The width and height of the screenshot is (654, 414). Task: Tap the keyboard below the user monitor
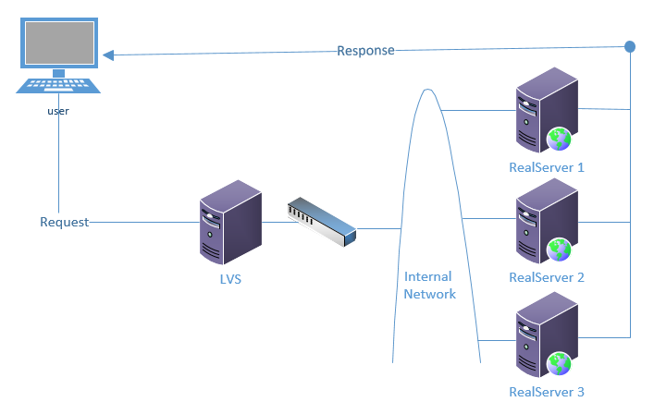click(x=58, y=86)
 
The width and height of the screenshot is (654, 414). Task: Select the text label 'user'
click(x=58, y=111)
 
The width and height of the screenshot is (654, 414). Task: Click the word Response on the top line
click(x=365, y=50)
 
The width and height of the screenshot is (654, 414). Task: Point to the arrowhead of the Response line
click(x=108, y=55)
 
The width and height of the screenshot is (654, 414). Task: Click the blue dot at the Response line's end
click(x=630, y=46)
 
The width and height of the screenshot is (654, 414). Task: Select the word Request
click(x=65, y=222)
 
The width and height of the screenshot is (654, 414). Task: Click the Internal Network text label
click(x=429, y=286)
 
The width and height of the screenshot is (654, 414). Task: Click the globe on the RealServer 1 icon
click(x=559, y=139)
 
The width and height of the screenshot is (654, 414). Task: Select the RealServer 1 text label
click(x=547, y=168)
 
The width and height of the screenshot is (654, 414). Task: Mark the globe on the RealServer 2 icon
click(x=559, y=250)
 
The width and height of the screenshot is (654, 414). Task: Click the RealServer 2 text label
click(x=547, y=277)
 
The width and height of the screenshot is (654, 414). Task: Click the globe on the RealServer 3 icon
click(x=559, y=363)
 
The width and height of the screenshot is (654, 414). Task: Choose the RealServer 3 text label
click(x=547, y=392)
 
